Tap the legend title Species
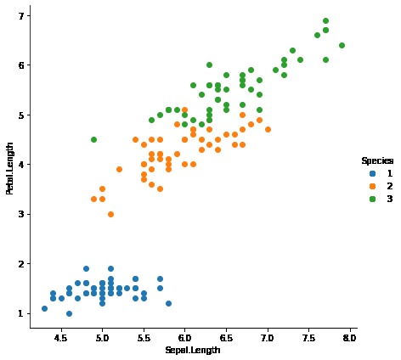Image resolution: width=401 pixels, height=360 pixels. (x=376, y=160)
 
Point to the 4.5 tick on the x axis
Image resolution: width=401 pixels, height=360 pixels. (x=60, y=336)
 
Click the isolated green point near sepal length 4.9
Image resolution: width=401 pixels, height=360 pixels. (x=93, y=139)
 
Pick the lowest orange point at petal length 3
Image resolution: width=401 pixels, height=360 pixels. (x=110, y=214)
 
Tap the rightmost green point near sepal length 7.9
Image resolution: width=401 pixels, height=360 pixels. (x=342, y=45)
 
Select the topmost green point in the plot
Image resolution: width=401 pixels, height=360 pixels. (x=325, y=20)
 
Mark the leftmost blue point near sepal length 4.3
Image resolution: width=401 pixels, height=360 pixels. (x=44, y=308)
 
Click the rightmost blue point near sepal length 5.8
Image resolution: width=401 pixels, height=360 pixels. (x=168, y=303)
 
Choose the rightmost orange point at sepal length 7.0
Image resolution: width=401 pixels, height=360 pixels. (x=268, y=129)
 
